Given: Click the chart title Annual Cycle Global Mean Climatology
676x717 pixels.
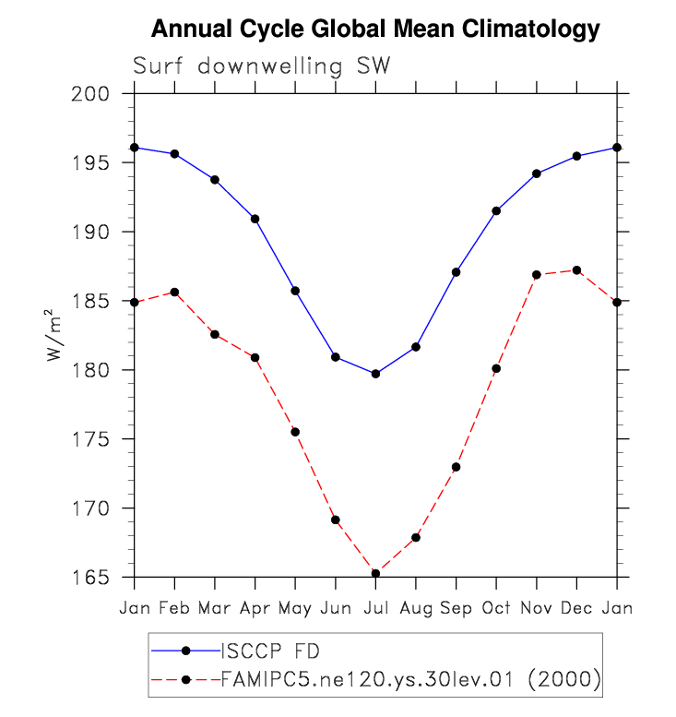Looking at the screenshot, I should click(x=375, y=30).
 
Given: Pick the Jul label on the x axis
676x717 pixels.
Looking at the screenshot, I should click(x=375, y=608).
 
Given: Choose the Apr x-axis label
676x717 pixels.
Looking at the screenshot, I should click(x=255, y=608).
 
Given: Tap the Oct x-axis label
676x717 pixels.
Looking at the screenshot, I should click(x=496, y=608).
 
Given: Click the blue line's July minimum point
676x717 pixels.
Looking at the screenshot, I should click(x=375, y=374).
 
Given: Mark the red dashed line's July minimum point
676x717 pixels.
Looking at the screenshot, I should click(x=375, y=573).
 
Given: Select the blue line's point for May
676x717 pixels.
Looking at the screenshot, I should click(x=295, y=291).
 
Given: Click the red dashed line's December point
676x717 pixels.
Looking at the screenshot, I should click(x=576, y=270).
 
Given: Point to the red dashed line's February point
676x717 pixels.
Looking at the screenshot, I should click(x=174, y=293).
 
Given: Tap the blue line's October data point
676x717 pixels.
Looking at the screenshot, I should click(x=496, y=211).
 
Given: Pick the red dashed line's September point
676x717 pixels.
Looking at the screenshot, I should click(x=456, y=467).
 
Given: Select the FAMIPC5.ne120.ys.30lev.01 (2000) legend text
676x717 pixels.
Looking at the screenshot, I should click(x=411, y=679).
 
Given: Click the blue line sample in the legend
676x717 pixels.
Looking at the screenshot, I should click(x=185, y=651).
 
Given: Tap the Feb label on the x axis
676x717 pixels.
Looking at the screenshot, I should click(x=174, y=608).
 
